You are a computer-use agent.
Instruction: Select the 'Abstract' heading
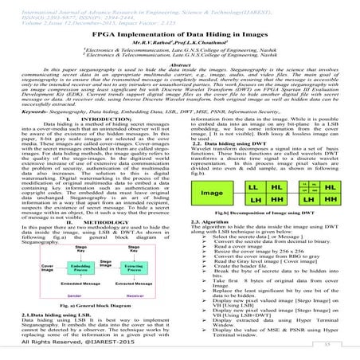click(x=179, y=62)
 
